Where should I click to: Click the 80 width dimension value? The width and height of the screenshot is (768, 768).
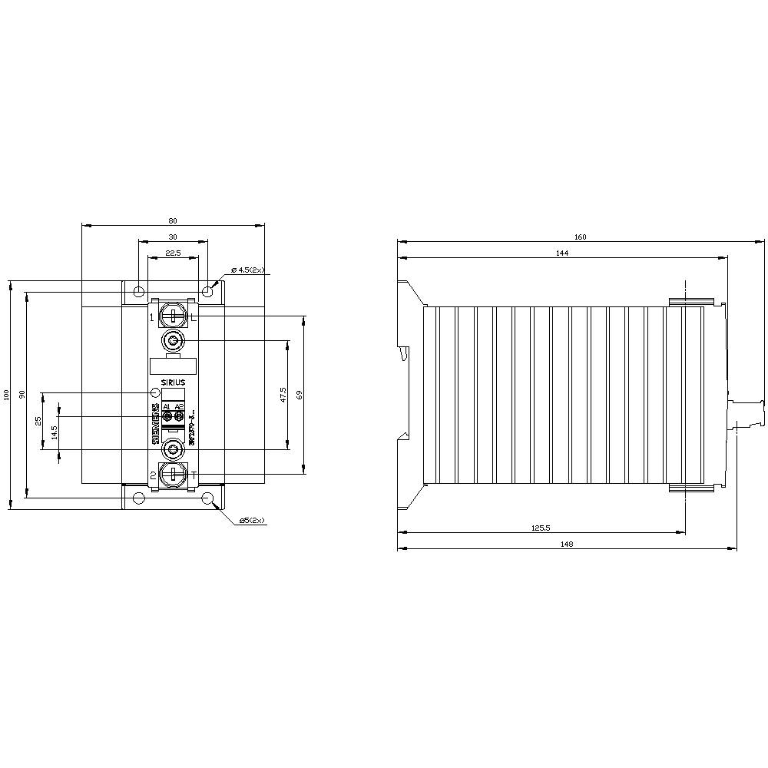[172, 220]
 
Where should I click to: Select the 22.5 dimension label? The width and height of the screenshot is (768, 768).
[173, 253]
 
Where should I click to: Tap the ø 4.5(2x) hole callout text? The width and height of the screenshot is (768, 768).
[247, 270]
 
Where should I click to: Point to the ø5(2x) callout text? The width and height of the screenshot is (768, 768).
[251, 520]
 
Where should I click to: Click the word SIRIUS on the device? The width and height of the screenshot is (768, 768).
[174, 381]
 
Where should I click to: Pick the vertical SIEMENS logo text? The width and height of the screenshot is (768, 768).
[155, 424]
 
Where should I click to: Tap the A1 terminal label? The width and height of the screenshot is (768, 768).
[167, 406]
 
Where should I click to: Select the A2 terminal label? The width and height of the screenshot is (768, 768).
[180, 406]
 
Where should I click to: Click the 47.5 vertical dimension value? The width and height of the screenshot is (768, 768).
[283, 395]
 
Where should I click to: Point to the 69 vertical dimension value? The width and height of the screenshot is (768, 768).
[300, 395]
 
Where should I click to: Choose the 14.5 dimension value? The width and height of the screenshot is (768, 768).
[54, 433]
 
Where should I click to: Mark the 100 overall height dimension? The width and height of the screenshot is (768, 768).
[7, 395]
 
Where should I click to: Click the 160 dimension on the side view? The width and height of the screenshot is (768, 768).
[580, 237]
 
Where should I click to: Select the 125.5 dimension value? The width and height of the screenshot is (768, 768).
[541, 528]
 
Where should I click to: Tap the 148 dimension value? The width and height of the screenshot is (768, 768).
[566, 543]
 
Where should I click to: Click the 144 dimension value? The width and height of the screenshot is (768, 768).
[562, 253]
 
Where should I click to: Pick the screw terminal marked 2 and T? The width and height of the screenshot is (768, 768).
[174, 474]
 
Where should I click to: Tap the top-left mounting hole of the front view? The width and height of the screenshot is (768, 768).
[138, 292]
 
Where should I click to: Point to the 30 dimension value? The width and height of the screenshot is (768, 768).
[172, 237]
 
